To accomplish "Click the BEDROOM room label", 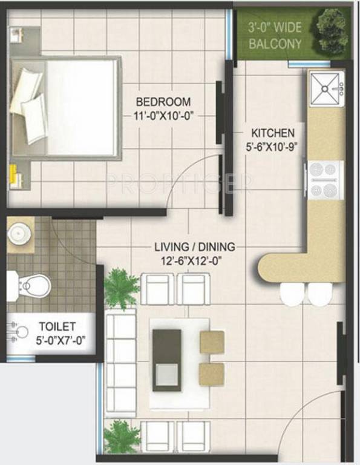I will tap(163, 102).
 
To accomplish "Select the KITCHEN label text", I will tap(273, 133).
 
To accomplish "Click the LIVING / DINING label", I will tap(194, 247).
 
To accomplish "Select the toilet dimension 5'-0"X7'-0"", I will tap(61, 340).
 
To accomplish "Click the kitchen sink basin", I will tap(326, 89).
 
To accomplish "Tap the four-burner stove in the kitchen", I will tap(326, 180).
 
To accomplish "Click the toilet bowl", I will tap(31, 284).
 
